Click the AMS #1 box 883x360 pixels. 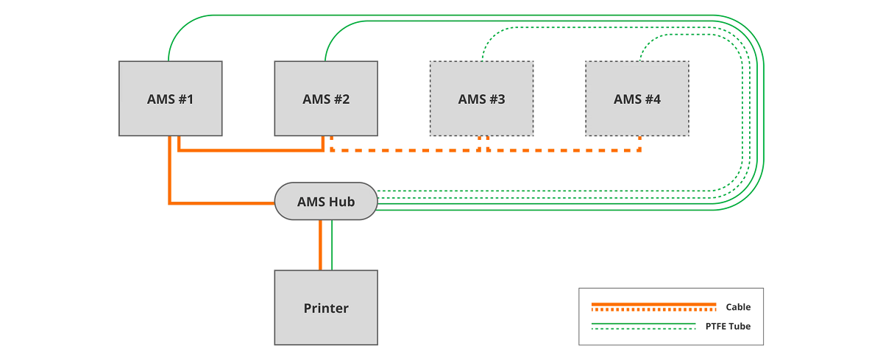171,99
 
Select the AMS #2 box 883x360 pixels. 326,99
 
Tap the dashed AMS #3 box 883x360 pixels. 481,99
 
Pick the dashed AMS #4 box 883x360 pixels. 637,99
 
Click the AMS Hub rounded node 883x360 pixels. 326,201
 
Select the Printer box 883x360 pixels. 326,308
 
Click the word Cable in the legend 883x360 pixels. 738,307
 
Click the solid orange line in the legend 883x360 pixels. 653,303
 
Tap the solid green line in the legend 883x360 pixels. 643,322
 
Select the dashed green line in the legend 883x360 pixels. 643,328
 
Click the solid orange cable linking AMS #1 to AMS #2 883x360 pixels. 250,151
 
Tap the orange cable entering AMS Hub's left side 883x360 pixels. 221,202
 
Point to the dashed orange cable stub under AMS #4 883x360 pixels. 639,144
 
